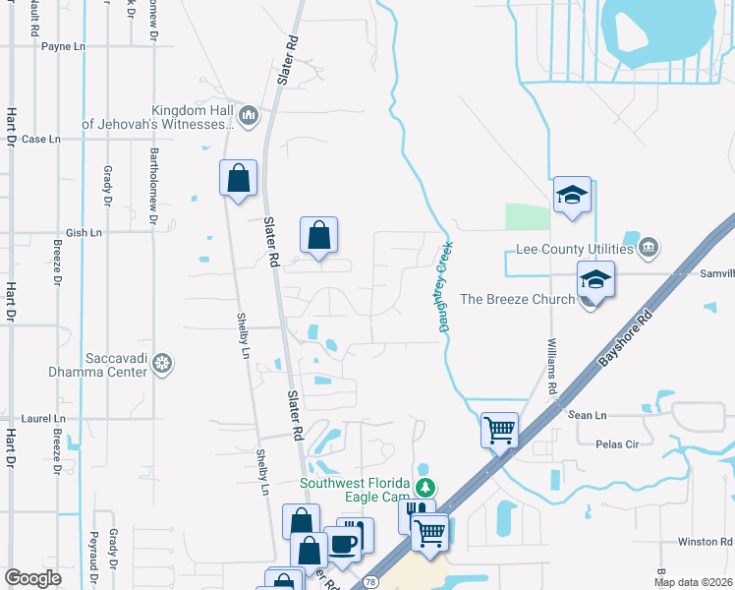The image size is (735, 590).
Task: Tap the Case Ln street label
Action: pos(41,140)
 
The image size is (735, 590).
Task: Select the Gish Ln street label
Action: pos(84,233)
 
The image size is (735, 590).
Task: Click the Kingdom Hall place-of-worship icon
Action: pos(248,117)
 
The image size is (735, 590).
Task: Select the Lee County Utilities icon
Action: pos(648,246)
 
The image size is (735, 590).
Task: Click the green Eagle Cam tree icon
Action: pos(425,487)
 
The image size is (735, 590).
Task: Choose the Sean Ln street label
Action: pos(587,416)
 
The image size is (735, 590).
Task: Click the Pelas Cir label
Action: pos(618,443)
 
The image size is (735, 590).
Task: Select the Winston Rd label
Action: pos(705,542)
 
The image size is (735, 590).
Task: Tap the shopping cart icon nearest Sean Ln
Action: pos(499,429)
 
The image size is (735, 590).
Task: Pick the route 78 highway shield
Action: pos(371,583)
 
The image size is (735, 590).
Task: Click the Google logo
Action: pos(32,578)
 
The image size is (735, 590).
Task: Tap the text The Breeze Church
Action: pos(517,299)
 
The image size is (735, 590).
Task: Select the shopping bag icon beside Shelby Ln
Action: pos(238,179)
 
